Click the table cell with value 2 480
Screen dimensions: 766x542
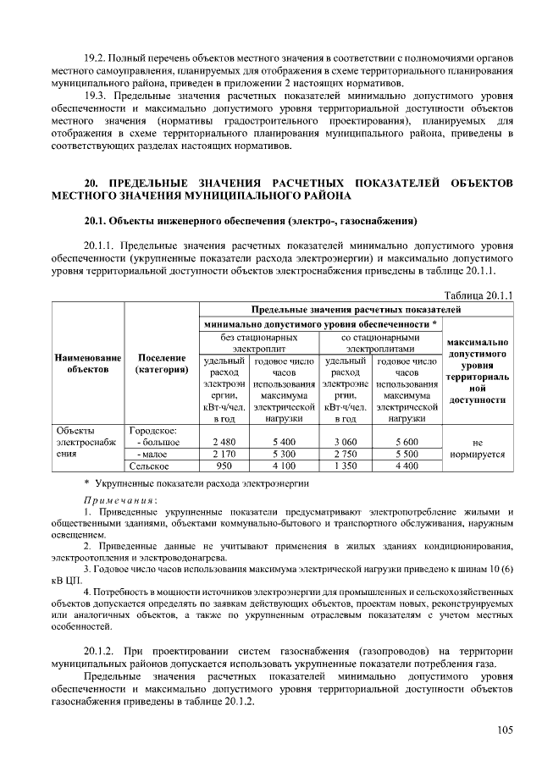[x=224, y=442]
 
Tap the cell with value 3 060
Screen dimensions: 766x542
[x=345, y=442]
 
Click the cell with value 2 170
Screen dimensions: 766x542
[x=224, y=454]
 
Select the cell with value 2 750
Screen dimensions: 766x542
[x=345, y=454]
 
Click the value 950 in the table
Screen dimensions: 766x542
[x=224, y=466]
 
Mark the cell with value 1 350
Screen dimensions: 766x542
[x=345, y=466]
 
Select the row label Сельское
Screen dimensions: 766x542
[x=150, y=466]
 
